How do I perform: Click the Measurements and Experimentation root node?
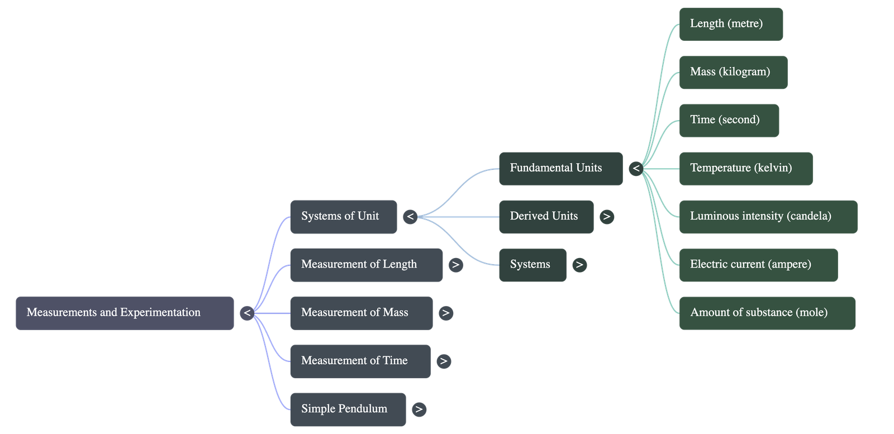[125, 313]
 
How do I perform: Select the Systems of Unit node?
[343, 216]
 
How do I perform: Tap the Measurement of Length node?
[366, 264]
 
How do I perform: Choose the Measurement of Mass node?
[361, 313]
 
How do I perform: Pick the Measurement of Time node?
[360, 361]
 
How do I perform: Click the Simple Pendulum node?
[348, 409]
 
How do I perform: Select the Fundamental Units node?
[560, 168]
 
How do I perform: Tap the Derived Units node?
[546, 216]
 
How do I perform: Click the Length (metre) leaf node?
[730, 24]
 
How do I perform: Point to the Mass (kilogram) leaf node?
[733, 72]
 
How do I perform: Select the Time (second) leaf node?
[729, 120]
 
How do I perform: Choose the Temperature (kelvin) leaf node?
[745, 168]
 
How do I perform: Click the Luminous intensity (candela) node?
[768, 216]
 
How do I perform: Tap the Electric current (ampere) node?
[758, 265]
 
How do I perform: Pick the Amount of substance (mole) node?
[767, 313]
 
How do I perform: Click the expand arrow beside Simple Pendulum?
[419, 409]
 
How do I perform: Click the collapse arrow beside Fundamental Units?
[635, 168]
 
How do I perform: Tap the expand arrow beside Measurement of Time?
[443, 361]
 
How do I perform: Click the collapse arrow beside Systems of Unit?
[410, 216]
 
